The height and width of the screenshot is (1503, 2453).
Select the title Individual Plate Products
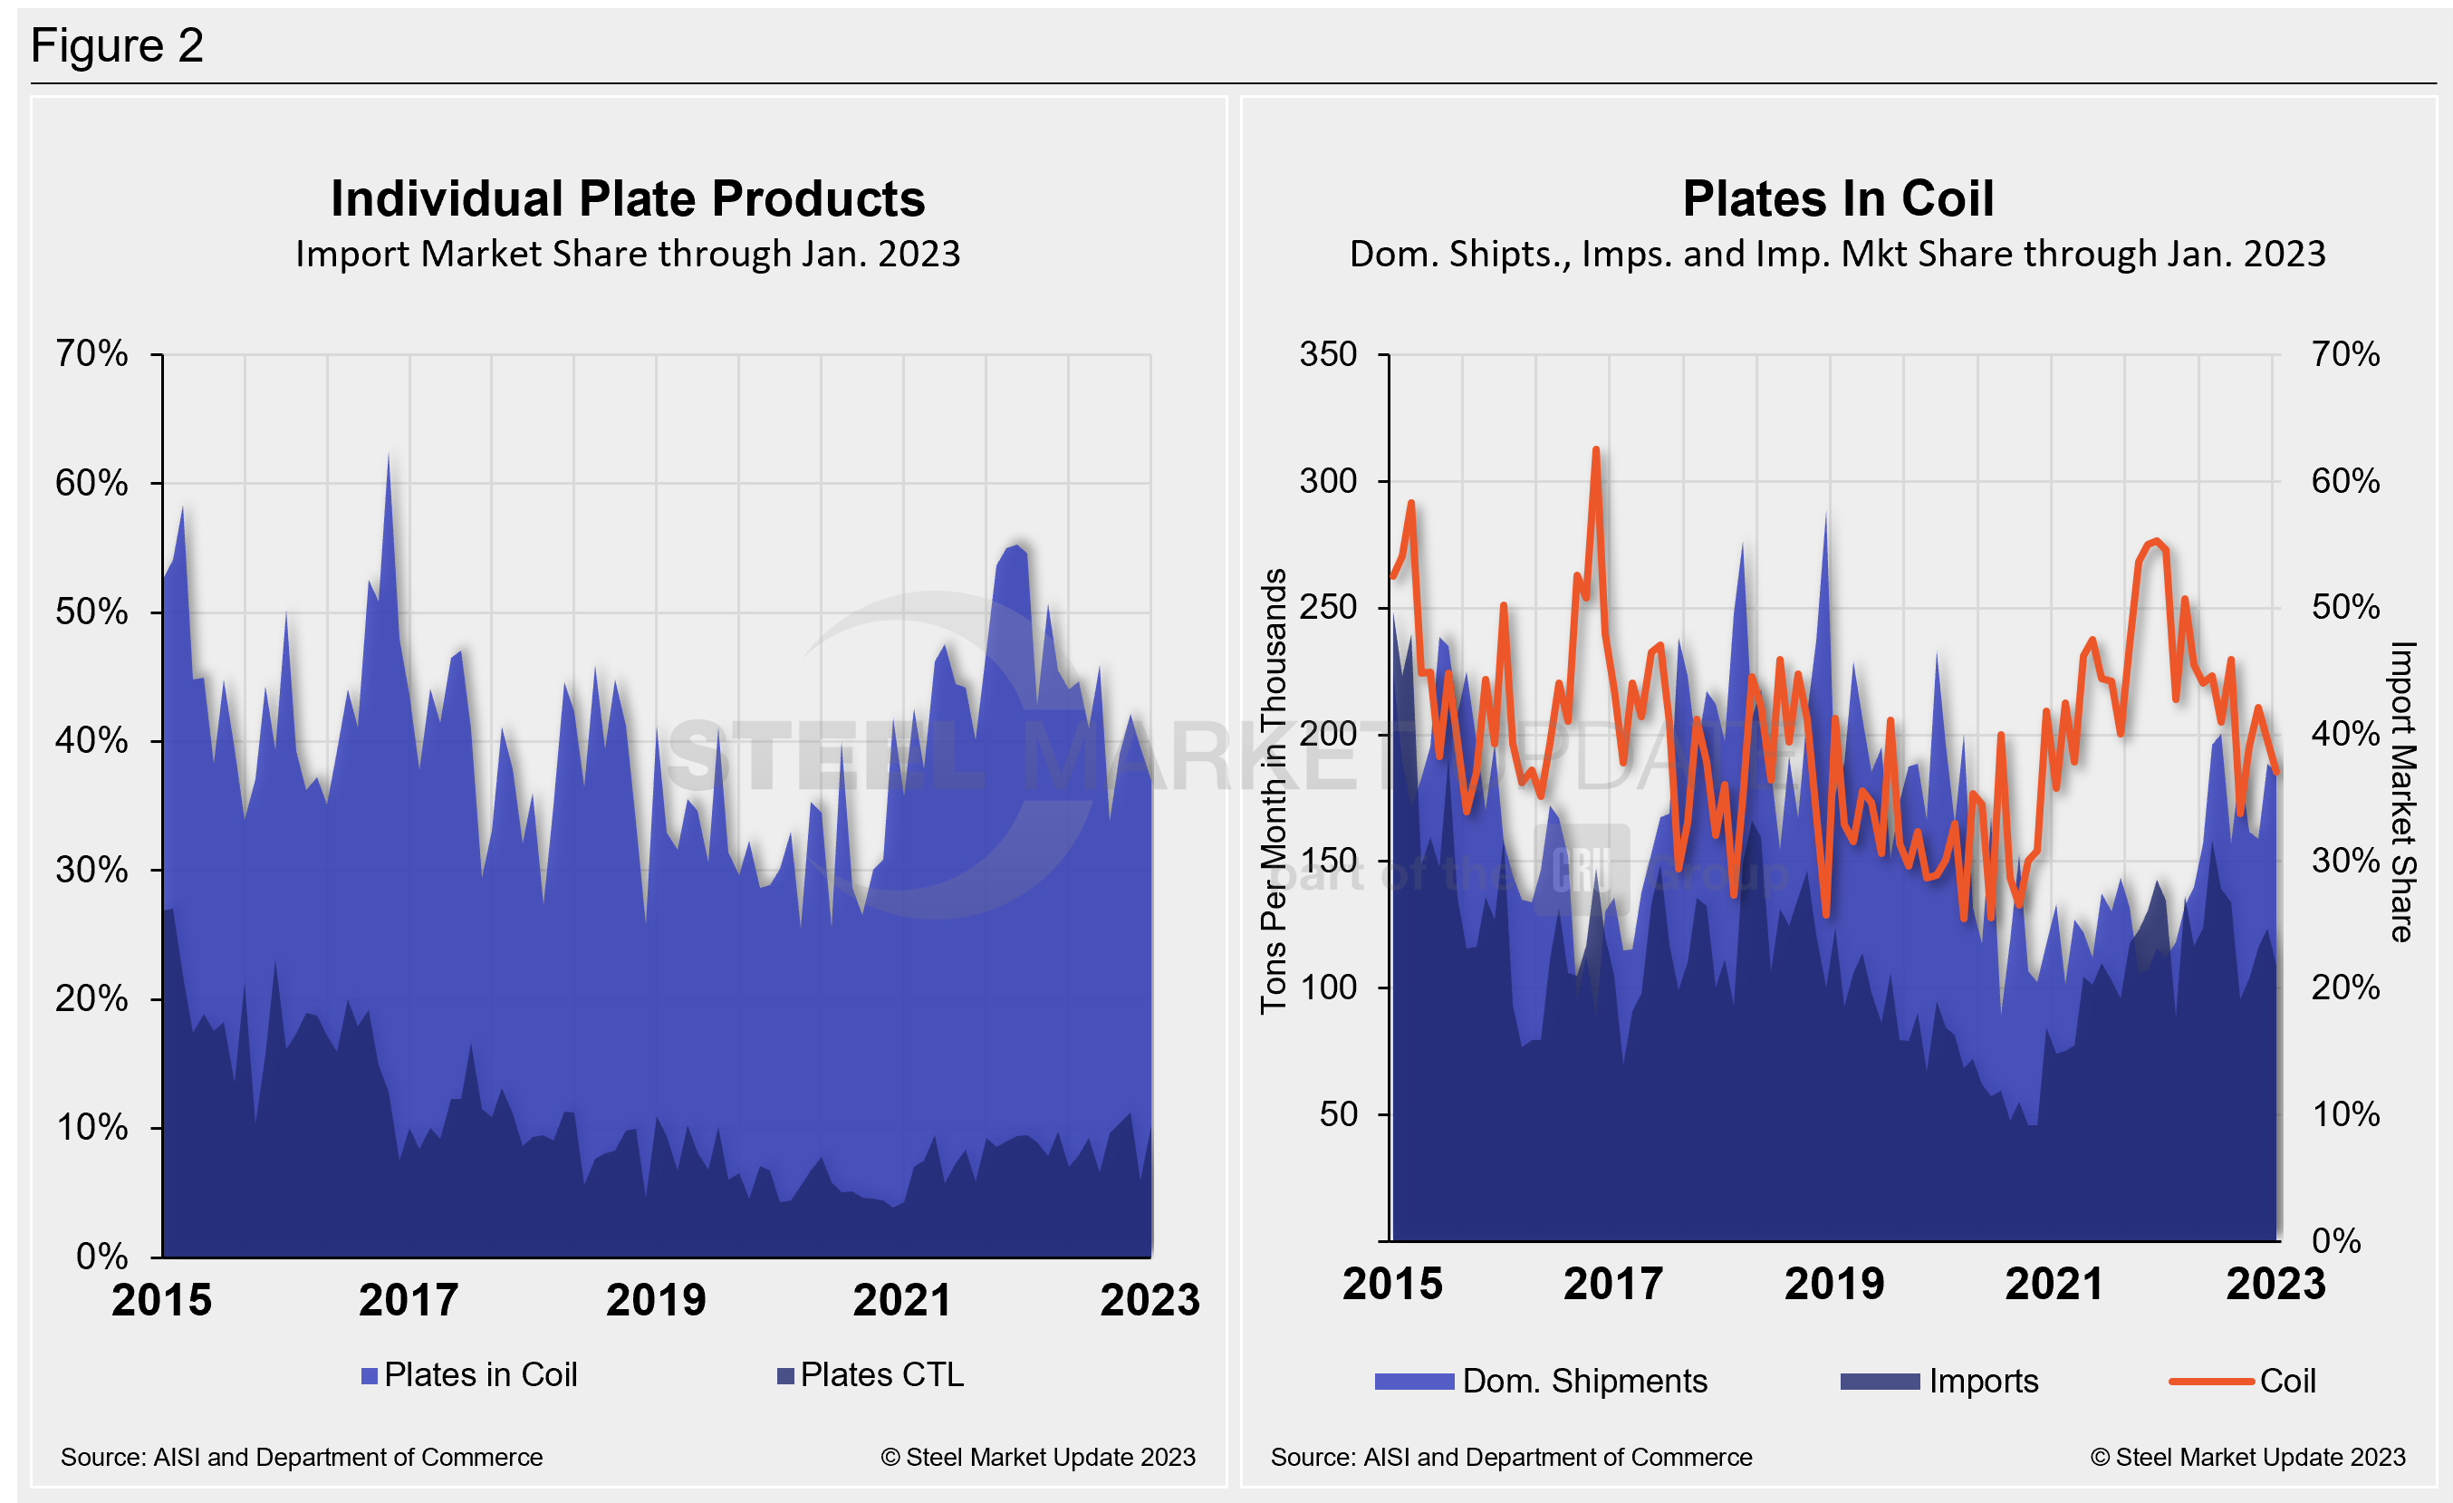627,198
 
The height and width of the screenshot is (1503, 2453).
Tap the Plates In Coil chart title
1838,198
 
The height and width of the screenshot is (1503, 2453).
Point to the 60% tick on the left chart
91,484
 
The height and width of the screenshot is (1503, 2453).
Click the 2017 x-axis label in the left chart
409,1300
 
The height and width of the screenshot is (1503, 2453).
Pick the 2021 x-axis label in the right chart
2054,1284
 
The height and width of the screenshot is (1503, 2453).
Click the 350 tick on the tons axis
1328,354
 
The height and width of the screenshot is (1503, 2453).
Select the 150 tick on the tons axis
1328,861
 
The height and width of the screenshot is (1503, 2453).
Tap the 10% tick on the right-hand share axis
2345,1113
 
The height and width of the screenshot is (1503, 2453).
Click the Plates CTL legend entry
871,1374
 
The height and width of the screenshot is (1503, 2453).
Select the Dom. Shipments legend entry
1541,1381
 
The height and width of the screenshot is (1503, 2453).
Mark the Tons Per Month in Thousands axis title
1274,791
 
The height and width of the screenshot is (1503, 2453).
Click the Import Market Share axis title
2402,791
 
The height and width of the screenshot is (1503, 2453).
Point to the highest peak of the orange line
1596,450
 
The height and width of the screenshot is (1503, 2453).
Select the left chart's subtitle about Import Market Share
627,254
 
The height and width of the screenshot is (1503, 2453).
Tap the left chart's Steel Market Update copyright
1037,1457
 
